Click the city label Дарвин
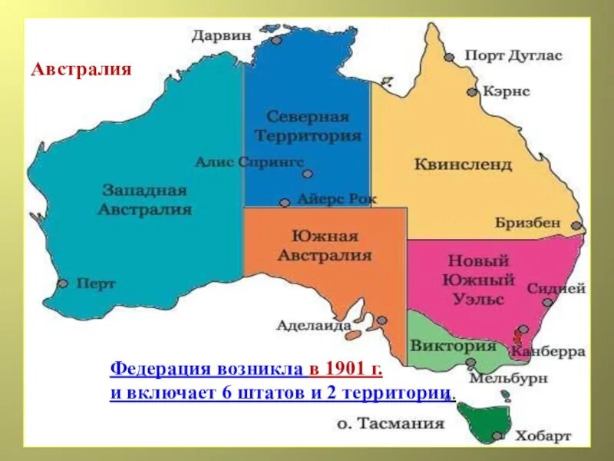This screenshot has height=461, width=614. coord(221,35)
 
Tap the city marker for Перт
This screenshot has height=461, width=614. coord(63,283)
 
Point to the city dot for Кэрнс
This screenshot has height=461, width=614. coord(472,91)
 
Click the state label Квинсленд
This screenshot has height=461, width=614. coord(463,164)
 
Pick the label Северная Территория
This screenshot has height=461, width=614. coord(308,126)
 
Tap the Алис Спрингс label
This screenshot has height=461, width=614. coord(249,162)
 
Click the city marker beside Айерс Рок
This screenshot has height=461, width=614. coord(285,204)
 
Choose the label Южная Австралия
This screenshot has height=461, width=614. coord(324,245)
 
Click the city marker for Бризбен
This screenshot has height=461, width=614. coord(576,227)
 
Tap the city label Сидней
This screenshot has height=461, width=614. coord(556,289)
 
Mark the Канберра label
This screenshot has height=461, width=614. coord(548,351)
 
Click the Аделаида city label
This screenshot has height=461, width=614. coord(313,325)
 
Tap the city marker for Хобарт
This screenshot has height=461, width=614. coord(497,436)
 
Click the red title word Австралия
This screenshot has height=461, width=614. coord(81,69)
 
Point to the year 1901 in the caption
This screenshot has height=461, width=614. coord(344,369)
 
